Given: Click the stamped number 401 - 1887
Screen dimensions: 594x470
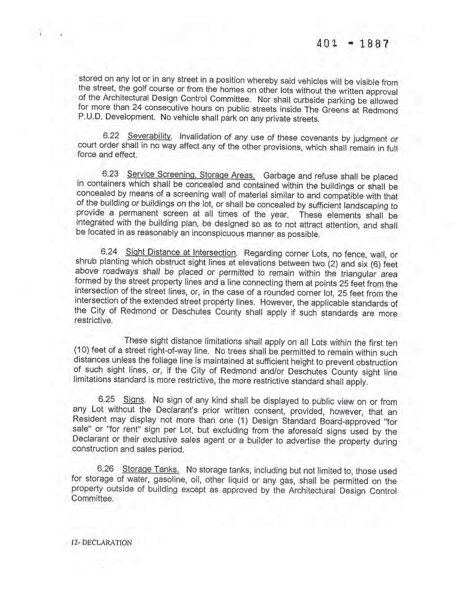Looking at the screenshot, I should pos(353,44).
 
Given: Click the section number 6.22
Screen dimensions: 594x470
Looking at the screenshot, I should pos(111,136).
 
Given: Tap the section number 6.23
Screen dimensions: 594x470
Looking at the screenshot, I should pos(110,174).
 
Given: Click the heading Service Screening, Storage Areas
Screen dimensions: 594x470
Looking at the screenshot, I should pos(191,175).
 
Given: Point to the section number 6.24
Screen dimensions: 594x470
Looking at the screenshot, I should pos(109,251).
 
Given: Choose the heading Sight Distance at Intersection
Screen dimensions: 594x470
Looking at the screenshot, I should pos(181,252).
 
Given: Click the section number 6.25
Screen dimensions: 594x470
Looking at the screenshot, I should pos(107,399).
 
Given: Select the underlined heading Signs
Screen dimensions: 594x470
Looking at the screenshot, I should pos(134,400).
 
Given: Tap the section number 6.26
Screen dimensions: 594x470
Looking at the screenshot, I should pos(105,469).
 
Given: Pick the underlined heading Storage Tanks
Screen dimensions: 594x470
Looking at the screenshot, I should pos(151,469).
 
